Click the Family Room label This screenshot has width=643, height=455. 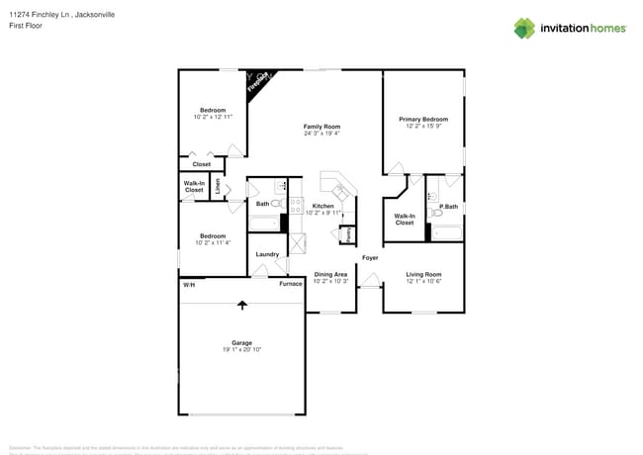(321, 127)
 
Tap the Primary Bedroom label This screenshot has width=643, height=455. (422, 119)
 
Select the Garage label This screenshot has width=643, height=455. (241, 343)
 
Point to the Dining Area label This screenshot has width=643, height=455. (329, 274)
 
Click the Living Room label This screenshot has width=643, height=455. (423, 274)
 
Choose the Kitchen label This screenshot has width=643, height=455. (322, 206)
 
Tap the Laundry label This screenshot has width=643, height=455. (267, 254)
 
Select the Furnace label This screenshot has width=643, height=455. (290, 284)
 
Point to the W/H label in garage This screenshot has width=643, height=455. (188, 285)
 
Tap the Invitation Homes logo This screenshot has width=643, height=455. (569, 28)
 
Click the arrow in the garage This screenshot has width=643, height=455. (241, 307)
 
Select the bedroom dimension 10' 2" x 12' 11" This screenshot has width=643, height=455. (213, 117)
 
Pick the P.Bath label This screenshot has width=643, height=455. (448, 206)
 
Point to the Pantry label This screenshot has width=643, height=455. (346, 234)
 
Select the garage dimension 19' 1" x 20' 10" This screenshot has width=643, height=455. (241, 350)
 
